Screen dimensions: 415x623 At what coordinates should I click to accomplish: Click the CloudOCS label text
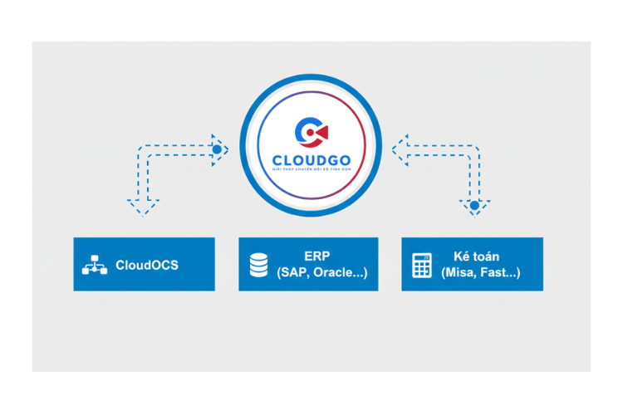pyautogui.click(x=147, y=266)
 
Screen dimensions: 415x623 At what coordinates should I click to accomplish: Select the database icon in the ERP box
pyautogui.click(x=258, y=265)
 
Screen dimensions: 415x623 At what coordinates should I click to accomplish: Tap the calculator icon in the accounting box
pyautogui.click(x=422, y=265)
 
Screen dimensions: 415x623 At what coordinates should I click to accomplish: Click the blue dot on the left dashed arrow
pyautogui.click(x=218, y=150)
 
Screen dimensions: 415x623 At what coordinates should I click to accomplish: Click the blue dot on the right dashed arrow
pyautogui.click(x=474, y=204)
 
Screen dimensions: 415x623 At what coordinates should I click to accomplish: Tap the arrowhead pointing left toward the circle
pyautogui.click(x=400, y=149)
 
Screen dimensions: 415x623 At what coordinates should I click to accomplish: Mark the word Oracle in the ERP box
pyautogui.click(x=336, y=272)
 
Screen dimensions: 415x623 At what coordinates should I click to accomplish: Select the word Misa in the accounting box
pyautogui.click(x=459, y=272)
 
